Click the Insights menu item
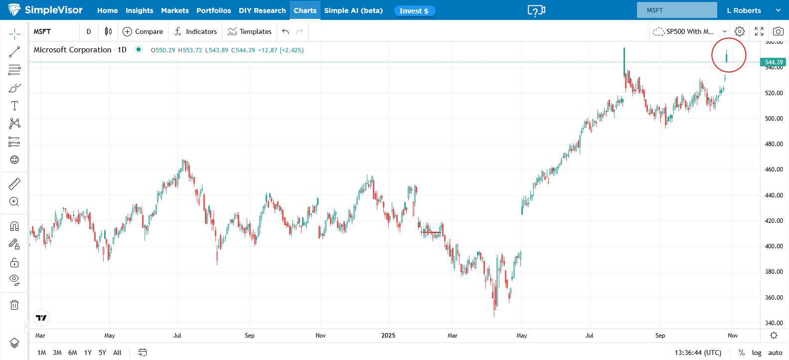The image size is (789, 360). point(139,10)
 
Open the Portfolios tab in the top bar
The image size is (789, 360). point(213,10)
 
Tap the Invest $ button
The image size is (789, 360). point(414,11)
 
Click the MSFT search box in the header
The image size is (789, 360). point(676,10)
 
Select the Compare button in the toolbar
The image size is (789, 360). point(143,31)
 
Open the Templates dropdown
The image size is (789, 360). point(250,31)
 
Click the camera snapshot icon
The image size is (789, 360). point(778,31)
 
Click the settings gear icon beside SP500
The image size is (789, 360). point(740,31)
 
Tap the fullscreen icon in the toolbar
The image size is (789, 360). point(759,31)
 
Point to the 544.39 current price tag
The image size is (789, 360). point(773,62)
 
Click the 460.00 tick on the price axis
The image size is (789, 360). point(774,170)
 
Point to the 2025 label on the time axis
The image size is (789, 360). point(388,336)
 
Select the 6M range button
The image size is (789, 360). point(73,353)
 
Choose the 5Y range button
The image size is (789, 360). point(102,353)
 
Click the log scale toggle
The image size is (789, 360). point(757,353)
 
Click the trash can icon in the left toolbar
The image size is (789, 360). point(14,305)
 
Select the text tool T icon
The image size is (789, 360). point(14,106)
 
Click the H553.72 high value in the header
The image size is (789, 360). point(190,50)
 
